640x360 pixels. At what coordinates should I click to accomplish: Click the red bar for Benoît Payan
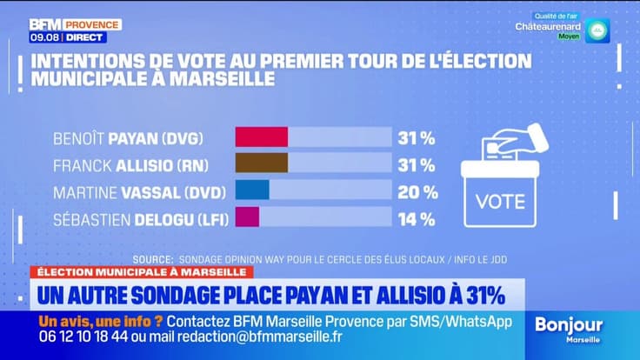(262, 137)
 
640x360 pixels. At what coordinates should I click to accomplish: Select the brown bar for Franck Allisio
(262, 163)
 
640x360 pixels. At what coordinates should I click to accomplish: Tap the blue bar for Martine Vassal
(252, 190)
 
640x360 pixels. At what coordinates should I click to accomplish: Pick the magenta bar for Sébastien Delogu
(247, 217)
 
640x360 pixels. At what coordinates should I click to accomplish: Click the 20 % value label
(417, 191)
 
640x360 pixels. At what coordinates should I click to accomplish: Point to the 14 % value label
(417, 218)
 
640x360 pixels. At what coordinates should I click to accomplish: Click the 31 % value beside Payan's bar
(417, 137)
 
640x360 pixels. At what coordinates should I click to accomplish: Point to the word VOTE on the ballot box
(500, 202)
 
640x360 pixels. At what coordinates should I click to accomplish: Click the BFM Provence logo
(75, 23)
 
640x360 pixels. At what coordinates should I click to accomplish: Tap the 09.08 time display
(43, 37)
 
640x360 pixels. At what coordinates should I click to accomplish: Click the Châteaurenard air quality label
(548, 27)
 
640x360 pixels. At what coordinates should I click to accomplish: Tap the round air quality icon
(597, 30)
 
